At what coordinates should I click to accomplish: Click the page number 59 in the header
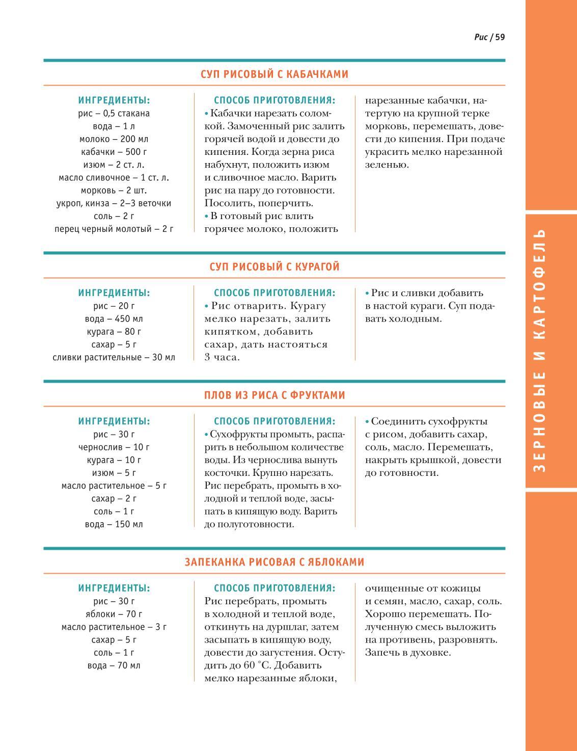coord(500,37)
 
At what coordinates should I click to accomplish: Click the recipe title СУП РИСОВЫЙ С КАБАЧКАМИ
coord(274,74)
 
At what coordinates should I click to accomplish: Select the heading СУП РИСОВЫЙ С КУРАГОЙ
coord(274,267)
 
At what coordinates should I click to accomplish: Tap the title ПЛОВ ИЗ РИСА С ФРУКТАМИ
coord(274,395)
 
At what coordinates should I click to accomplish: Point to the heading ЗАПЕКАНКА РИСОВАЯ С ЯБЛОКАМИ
coord(274,562)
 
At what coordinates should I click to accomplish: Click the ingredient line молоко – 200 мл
coord(114,139)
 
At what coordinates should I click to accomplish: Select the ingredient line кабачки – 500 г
coord(114,152)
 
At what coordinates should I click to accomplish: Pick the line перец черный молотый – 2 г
coord(114,229)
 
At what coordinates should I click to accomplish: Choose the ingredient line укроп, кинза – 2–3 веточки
coord(114,203)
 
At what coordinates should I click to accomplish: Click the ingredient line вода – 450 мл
coord(114,319)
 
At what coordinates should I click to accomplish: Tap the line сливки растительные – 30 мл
coord(114,357)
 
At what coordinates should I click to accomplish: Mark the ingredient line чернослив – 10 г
coord(114,447)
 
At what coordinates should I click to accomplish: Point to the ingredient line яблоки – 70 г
coord(114,614)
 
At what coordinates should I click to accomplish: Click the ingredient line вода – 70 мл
coord(114,665)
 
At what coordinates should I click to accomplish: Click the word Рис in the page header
coord(481,37)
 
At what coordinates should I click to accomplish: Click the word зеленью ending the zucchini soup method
coord(387,165)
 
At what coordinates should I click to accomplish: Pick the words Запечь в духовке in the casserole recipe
coord(408,653)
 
